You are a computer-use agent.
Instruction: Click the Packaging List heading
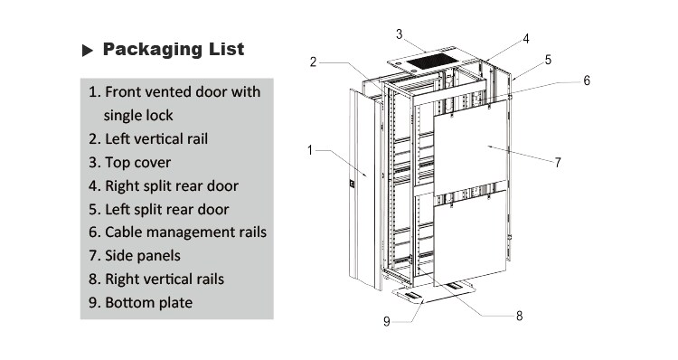click(x=173, y=49)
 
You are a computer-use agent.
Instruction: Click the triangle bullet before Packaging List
click(x=88, y=50)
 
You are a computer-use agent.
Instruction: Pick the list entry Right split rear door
click(x=163, y=186)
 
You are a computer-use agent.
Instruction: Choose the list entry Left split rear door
click(x=158, y=209)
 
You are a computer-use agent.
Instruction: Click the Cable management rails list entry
click(x=177, y=232)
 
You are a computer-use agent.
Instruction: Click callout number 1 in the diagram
click(x=310, y=150)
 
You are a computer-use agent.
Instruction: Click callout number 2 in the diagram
click(x=313, y=62)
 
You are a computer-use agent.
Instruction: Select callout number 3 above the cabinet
click(x=399, y=33)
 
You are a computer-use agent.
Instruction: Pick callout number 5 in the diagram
click(x=548, y=61)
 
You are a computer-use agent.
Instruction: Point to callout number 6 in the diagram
click(x=586, y=81)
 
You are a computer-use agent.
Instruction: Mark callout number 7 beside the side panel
click(x=558, y=163)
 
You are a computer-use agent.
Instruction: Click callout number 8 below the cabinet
click(x=519, y=316)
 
